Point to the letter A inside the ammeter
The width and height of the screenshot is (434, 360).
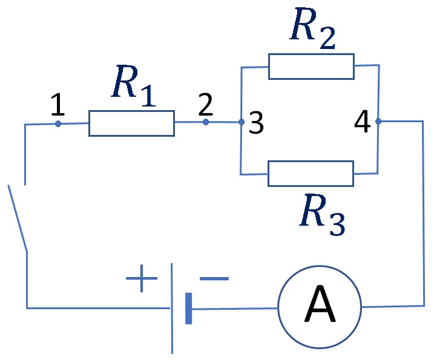(x=320, y=304)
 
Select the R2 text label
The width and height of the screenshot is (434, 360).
(x=313, y=28)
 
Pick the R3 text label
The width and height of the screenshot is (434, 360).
(x=323, y=215)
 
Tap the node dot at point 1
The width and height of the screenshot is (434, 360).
(x=58, y=123)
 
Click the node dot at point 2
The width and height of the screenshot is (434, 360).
(x=206, y=122)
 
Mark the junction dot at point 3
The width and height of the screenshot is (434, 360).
(x=242, y=122)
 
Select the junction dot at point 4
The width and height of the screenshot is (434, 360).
(x=378, y=121)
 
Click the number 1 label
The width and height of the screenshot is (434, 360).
(x=58, y=105)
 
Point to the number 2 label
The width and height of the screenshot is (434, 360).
(x=206, y=104)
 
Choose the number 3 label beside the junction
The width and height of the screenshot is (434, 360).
(x=256, y=123)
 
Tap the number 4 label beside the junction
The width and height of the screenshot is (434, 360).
(x=363, y=122)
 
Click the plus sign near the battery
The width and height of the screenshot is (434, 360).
(x=142, y=278)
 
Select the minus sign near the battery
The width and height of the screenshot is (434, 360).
(x=214, y=278)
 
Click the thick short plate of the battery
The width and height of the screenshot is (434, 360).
(x=188, y=308)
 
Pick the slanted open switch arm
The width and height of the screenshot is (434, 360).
(x=18, y=218)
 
